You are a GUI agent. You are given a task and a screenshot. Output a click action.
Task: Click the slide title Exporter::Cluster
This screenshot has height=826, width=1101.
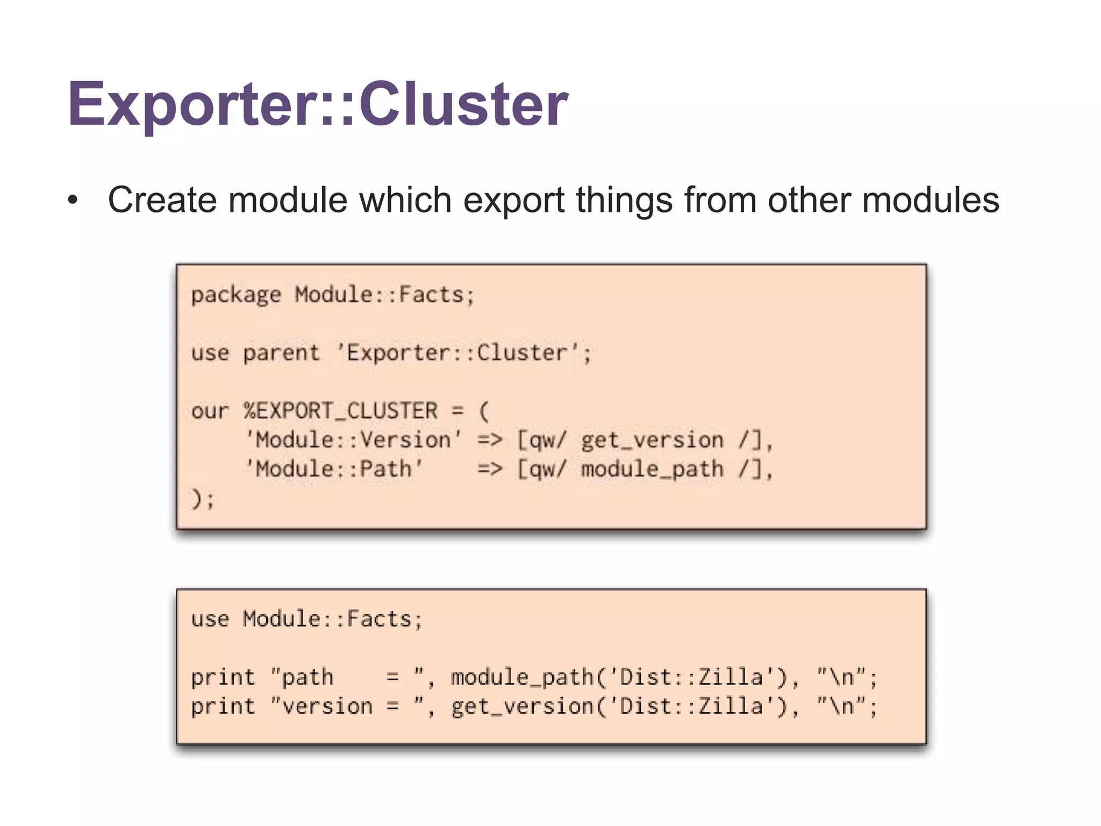(317, 103)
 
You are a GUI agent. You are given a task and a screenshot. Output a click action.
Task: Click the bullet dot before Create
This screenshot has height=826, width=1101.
(73, 201)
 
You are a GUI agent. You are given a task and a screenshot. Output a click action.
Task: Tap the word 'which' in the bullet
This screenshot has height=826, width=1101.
(405, 200)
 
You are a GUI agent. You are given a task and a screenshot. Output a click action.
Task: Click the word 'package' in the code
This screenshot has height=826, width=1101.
(235, 295)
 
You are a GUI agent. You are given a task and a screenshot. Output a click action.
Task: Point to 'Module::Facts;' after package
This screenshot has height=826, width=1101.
(385, 295)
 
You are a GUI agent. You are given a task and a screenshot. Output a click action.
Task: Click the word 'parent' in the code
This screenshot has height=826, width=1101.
(281, 353)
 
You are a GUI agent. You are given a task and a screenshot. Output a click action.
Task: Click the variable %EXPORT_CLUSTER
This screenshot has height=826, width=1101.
(340, 411)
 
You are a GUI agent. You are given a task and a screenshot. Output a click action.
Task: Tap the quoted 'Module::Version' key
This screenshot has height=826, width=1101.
(353, 440)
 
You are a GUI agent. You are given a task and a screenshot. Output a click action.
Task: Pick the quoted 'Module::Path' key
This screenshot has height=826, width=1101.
(334, 469)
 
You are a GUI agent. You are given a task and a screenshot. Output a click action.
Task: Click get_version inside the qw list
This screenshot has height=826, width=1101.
(652, 440)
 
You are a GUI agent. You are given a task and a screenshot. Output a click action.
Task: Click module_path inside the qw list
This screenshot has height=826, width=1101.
(652, 469)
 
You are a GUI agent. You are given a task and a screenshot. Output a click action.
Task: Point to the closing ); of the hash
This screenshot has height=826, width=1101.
(203, 499)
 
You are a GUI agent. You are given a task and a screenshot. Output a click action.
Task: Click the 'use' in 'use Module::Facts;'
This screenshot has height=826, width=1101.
(210, 619)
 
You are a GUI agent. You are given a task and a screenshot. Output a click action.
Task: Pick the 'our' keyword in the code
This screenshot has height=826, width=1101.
(210, 411)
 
